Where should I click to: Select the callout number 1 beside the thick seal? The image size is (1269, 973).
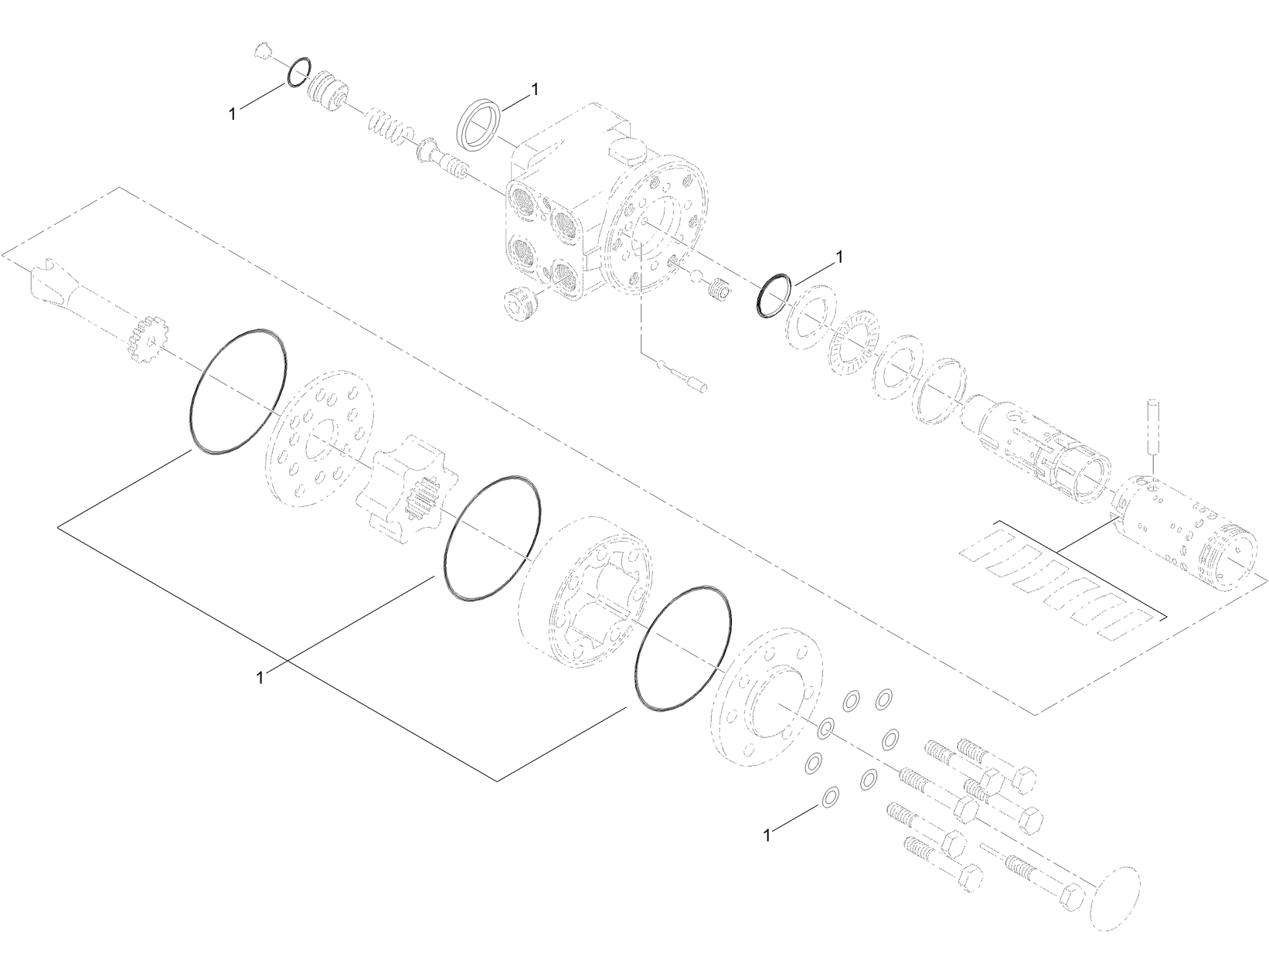click(532, 90)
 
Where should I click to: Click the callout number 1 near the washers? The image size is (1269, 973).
click(767, 835)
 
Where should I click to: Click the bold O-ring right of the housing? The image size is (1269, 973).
click(773, 294)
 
